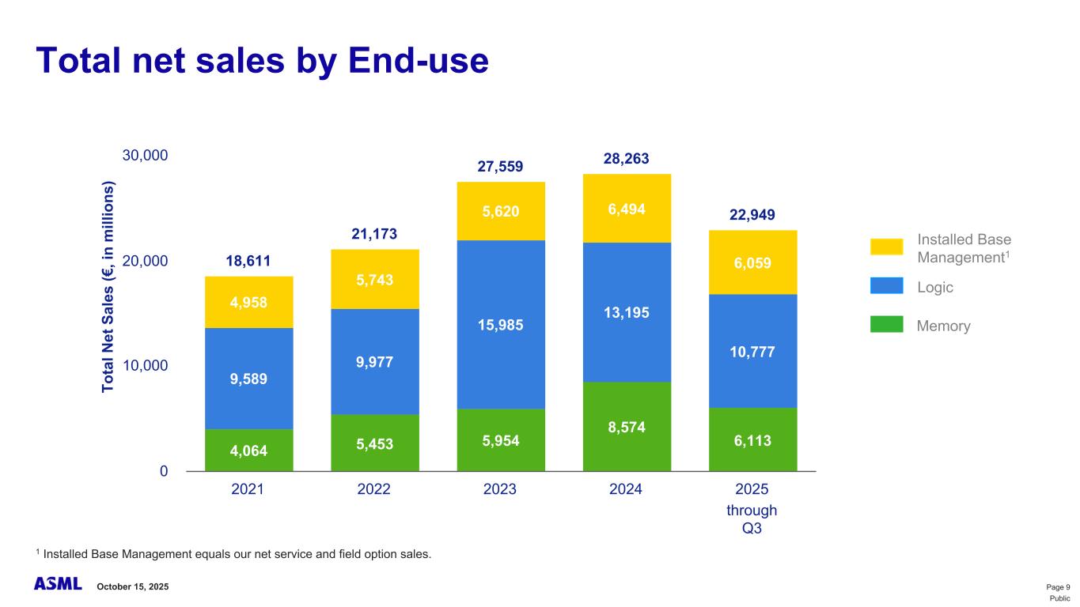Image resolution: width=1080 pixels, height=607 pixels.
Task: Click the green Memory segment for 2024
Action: (626, 427)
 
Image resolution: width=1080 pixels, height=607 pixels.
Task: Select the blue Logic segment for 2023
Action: (500, 325)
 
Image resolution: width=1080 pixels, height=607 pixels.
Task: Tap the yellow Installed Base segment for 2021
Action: (248, 302)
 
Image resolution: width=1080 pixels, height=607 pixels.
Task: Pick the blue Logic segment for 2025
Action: (752, 351)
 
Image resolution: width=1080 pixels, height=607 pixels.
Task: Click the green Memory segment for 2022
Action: (374, 443)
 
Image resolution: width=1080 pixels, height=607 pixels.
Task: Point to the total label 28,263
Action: (626, 159)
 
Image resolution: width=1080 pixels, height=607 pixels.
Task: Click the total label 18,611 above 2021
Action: (248, 261)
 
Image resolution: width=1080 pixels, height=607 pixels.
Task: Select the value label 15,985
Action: (500, 325)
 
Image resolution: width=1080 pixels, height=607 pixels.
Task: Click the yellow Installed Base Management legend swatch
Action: (886, 247)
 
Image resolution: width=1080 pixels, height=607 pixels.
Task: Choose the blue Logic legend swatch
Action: (886, 286)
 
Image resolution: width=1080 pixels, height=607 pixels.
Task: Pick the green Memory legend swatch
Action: (886, 325)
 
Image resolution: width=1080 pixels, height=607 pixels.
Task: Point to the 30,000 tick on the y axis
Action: (145, 156)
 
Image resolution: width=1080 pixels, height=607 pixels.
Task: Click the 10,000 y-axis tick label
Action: (145, 366)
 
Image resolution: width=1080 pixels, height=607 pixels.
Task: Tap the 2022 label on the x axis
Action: (374, 489)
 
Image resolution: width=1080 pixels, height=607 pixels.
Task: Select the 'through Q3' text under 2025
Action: (752, 519)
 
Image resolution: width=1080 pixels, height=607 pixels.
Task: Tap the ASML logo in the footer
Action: (58, 585)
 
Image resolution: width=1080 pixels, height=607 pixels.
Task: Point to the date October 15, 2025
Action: (133, 586)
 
